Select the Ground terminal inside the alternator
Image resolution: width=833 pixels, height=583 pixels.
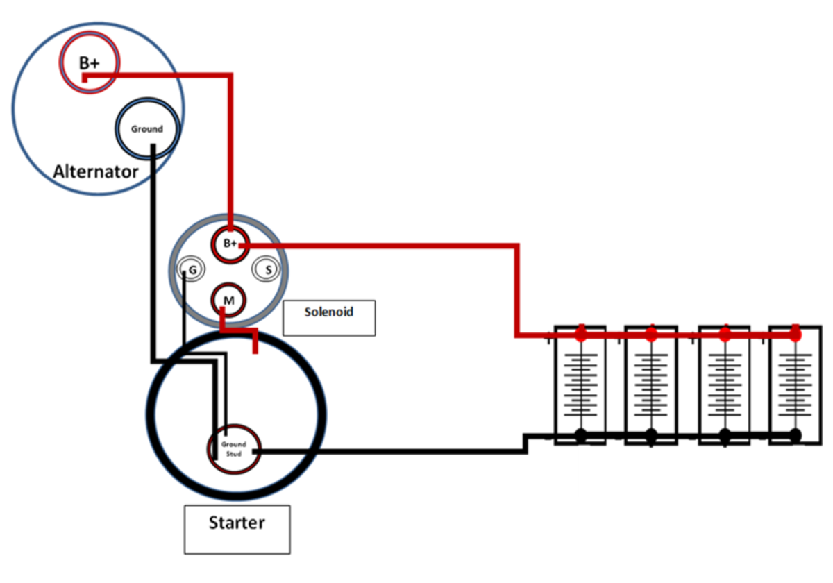pos(147,129)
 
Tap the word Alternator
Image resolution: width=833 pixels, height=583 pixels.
pos(96,171)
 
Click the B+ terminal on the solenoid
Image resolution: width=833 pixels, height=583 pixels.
pos(230,244)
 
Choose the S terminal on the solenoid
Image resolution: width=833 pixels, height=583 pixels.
pos(267,269)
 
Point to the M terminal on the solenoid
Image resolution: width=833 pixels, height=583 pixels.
pos(229,300)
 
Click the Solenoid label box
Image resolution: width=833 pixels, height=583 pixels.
pos(329,317)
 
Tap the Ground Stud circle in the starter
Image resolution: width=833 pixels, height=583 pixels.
pos(234,448)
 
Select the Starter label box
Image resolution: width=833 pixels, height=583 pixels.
pos(237,529)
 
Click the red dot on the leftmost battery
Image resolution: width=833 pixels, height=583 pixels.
pos(581,335)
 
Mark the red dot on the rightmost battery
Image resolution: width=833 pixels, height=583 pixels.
pos(795,335)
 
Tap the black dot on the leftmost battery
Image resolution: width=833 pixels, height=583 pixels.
pos(581,435)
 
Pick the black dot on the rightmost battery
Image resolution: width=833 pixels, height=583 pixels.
pos(795,435)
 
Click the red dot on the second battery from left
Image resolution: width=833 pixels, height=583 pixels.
pos(650,335)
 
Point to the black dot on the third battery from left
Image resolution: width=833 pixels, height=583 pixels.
pos(725,435)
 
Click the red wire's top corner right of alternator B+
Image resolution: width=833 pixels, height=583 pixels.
pos(230,74)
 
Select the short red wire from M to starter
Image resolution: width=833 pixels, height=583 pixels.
pos(239,330)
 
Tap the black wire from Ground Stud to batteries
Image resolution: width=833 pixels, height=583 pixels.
pos(389,451)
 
